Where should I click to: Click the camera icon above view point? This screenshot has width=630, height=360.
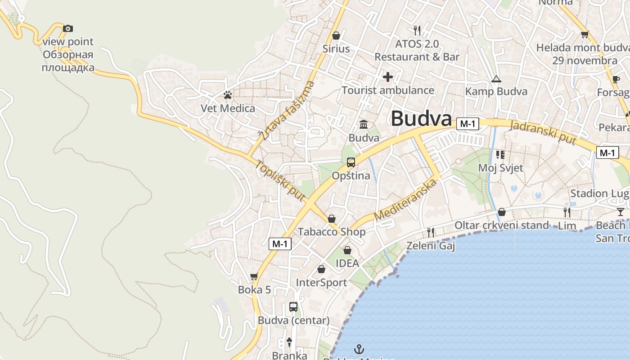pos(68,29)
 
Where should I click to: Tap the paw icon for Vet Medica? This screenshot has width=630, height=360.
pos(228,95)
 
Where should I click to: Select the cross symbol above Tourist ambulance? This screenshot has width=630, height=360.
pos(388,77)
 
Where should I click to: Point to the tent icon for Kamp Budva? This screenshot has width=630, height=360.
pos(496,79)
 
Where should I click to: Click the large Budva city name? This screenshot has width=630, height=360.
pos(421,119)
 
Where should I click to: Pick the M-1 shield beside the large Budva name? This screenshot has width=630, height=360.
pos(468,124)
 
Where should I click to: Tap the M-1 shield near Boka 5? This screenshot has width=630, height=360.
pos(280,244)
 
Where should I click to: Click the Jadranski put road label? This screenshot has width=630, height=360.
pos(543,133)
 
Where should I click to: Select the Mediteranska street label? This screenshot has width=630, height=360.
pos(405,200)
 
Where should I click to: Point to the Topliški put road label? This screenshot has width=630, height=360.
pos(280,180)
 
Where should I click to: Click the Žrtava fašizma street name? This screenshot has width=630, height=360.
pos(286,110)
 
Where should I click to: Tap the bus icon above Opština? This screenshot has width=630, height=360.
pos(351,162)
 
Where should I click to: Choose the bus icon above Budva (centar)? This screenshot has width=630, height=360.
pos(293,307)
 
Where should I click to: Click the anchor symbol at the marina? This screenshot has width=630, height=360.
pos(359,349)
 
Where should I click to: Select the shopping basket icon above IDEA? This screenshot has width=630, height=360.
pos(347,250)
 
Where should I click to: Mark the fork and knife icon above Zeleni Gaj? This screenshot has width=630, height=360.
pos(431,233)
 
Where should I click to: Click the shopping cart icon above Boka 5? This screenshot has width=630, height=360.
pos(254,276)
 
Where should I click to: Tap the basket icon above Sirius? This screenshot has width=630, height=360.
pos(336,36)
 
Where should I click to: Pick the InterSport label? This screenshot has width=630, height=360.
pos(321,283)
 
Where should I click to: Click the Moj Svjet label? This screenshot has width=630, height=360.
pos(500,168)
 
